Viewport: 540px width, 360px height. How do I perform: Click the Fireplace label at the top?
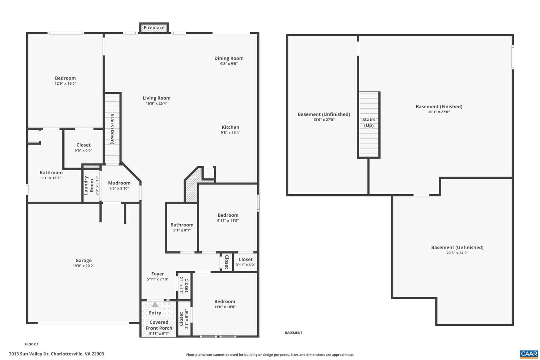[x=154, y=28]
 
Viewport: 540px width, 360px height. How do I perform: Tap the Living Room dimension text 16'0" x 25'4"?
[x=156, y=103]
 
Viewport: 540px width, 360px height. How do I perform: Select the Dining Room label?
[x=229, y=58]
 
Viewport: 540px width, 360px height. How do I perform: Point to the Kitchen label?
[x=231, y=127]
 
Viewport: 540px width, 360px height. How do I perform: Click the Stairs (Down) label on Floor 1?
[x=112, y=129]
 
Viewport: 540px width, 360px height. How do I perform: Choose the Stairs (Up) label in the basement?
[x=369, y=122]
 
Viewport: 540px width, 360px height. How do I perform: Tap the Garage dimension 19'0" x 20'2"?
[x=83, y=266]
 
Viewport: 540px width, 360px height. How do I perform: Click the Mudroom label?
[x=119, y=183]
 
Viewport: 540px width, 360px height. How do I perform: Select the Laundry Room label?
[x=89, y=185]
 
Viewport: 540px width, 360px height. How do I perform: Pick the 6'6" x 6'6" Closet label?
[x=83, y=145]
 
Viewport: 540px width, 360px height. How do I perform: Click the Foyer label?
[x=157, y=274]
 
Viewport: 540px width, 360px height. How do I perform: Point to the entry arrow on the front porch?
[x=155, y=305]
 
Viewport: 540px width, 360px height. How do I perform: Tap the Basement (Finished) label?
[x=439, y=106]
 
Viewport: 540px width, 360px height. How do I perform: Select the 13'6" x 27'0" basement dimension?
[x=324, y=120]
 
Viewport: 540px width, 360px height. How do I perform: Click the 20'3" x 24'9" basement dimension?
[x=457, y=253]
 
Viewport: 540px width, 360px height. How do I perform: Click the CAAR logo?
[x=529, y=354]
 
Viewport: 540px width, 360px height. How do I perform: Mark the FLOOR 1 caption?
[x=31, y=344]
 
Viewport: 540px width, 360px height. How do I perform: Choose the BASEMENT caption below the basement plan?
[x=293, y=333]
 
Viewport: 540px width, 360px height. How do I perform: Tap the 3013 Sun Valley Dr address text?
[x=56, y=354]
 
